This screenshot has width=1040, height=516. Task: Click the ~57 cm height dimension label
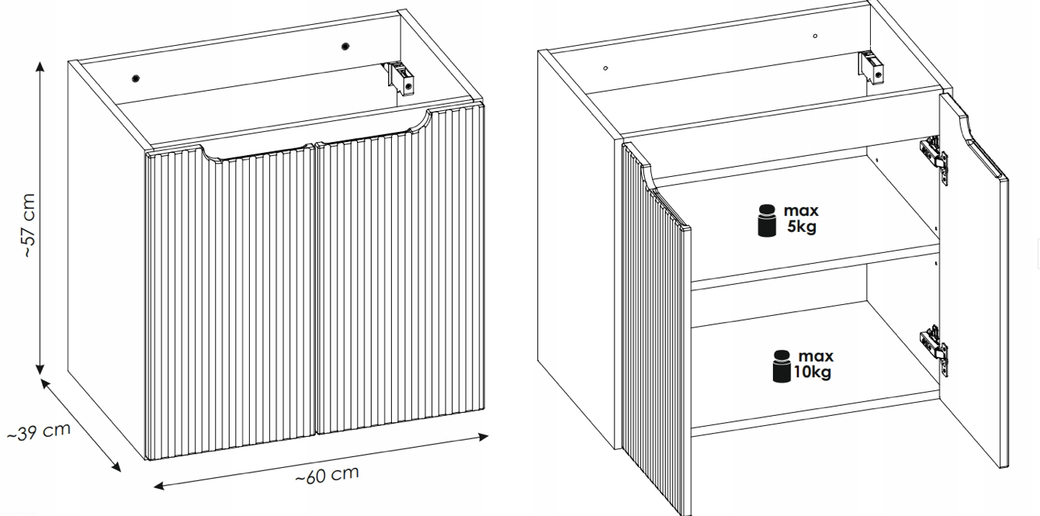29,225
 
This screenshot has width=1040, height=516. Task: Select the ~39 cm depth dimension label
39,431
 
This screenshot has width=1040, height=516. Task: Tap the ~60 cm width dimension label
328,474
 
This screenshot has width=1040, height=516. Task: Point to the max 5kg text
801,219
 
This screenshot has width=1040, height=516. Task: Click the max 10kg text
813,364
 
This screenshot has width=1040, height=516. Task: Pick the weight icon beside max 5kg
767,220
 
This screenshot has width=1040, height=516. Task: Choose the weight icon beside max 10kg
782,366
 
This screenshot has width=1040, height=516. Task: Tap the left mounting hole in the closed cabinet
136,78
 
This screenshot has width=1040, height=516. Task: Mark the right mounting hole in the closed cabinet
345,46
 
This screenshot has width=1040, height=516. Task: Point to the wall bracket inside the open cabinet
871,68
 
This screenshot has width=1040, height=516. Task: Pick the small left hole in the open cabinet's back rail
605,68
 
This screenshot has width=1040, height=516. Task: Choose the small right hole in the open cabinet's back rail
815,36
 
